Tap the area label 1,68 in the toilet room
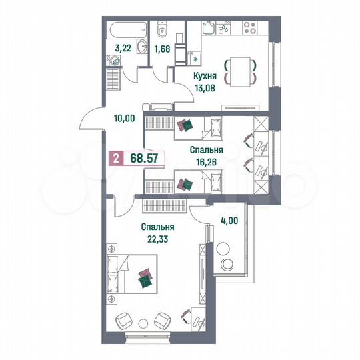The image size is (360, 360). pos(163,48)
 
